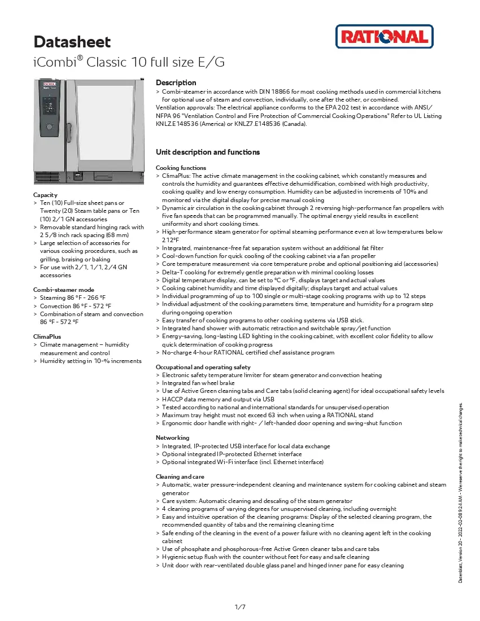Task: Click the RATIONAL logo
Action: click(x=385, y=37)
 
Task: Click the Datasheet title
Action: click(x=72, y=42)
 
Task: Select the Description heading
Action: click(x=176, y=82)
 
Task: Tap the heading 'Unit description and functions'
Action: click(x=208, y=152)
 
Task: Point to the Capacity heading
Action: click(x=45, y=195)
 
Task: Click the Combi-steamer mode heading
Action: click(x=64, y=290)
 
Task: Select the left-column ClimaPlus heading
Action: click(x=47, y=336)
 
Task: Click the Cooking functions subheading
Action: click(x=181, y=168)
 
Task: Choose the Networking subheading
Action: click(x=172, y=438)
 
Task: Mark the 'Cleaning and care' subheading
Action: click(x=180, y=476)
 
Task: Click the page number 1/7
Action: click(x=240, y=606)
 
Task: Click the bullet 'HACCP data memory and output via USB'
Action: click(x=218, y=399)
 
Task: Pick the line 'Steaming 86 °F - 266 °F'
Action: click(x=72, y=298)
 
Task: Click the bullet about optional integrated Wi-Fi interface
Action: click(x=243, y=462)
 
